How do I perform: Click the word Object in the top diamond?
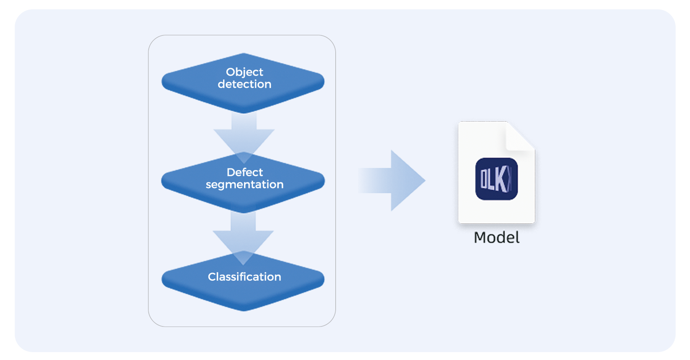coord(244,72)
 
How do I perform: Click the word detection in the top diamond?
coord(244,84)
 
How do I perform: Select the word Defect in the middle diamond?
coord(244,172)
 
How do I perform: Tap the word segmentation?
coord(244,185)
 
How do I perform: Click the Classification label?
coord(244,277)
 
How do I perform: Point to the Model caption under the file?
coord(496,237)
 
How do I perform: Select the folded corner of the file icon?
coord(519,137)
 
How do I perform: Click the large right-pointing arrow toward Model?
coord(395,180)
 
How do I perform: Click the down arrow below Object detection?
coord(244,135)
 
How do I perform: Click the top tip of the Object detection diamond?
coord(244,55)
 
